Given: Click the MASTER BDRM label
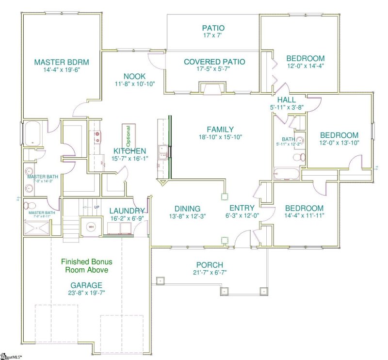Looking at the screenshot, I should click(61, 62).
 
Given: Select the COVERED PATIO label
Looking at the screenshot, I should click(214, 62).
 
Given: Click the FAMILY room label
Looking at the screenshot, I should click(220, 130).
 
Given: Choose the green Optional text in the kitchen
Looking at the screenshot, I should click(129, 136).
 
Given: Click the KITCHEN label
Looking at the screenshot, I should click(129, 151).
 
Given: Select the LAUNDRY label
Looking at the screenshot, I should click(127, 211).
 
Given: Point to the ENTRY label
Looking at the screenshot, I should click(241, 208).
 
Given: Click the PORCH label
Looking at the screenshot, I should click(210, 265).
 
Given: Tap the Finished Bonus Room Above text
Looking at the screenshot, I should click(85, 265).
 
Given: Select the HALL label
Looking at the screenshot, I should click(286, 100).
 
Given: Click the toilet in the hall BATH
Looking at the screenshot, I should click(300, 157).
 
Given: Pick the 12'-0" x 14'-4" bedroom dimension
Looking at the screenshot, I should click(305, 65).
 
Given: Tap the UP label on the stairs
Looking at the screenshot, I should click(97, 208).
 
